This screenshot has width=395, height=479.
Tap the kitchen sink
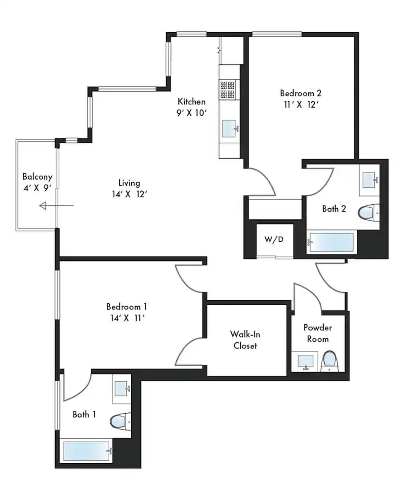(x=230, y=129)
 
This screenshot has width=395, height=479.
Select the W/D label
(x=274, y=239)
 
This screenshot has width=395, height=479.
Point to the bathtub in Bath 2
(x=332, y=242)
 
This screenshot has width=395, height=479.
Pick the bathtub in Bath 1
(x=87, y=451)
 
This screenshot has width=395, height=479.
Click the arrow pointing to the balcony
(x=56, y=206)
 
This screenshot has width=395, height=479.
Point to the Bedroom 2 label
(x=301, y=93)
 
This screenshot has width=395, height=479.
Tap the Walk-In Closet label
(x=245, y=340)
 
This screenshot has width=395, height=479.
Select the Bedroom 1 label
(x=127, y=307)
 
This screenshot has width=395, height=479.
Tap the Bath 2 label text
(x=334, y=209)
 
